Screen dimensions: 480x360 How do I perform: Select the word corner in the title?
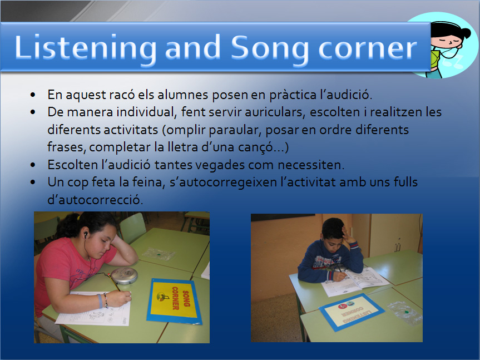pyautogui.click(x=368, y=49)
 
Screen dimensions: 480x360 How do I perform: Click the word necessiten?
pyautogui.click(x=311, y=165)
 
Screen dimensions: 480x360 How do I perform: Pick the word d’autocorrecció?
pyautogui.click(x=95, y=200)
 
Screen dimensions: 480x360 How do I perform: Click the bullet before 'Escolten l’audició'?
pyautogui.click(x=33, y=165)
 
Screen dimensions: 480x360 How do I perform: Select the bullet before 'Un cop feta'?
pyautogui.click(x=33, y=183)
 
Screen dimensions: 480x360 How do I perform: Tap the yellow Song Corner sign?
pyautogui.click(x=174, y=301)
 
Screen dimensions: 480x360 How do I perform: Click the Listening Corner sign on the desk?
pyautogui.click(x=352, y=312)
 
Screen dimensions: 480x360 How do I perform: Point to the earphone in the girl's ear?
pyautogui.click(x=86, y=234)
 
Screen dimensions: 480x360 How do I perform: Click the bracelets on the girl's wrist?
pyautogui.click(x=103, y=300)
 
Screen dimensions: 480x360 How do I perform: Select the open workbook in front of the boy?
pyautogui.click(x=355, y=281)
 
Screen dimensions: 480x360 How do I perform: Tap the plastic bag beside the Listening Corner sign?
pyautogui.click(x=405, y=312)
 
